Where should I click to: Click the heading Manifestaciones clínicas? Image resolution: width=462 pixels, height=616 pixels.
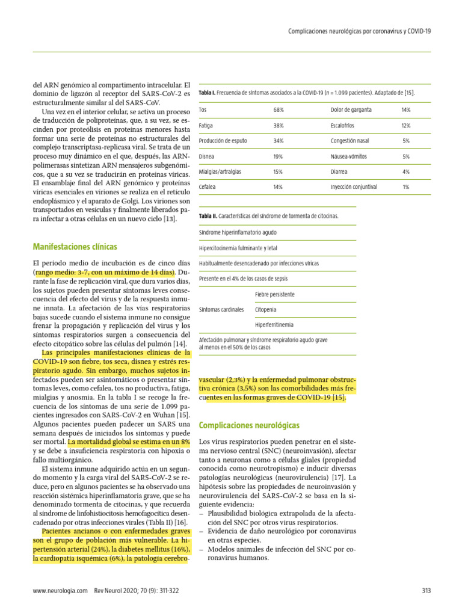click(x=75, y=247)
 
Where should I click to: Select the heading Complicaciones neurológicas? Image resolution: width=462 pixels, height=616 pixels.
click(x=248, y=425)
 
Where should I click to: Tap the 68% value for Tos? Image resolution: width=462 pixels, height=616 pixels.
click(x=279, y=110)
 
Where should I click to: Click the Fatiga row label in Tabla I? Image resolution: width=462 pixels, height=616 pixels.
click(x=206, y=126)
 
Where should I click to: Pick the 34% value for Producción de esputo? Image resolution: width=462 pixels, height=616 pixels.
click(x=279, y=141)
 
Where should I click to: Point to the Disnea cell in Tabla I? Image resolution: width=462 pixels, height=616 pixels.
click(x=207, y=156)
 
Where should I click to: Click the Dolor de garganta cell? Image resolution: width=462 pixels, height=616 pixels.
click(x=351, y=110)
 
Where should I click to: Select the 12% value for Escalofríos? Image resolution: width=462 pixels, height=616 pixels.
click(x=406, y=126)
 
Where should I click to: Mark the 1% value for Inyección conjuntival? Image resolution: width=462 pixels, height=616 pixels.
click(x=406, y=187)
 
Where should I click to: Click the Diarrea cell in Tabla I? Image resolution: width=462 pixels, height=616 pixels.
click(x=340, y=171)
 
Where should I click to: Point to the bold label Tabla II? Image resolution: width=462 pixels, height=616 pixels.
click(x=208, y=215)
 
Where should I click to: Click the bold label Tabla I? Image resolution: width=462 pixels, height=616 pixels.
click(x=206, y=92)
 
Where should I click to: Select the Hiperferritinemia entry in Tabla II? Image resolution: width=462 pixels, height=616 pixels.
click(x=274, y=325)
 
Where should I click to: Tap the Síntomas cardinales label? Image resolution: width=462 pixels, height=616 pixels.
click(x=221, y=310)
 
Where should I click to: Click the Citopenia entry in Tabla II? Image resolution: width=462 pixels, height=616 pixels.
click(x=266, y=310)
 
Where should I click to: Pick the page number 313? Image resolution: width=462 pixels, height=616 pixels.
click(x=427, y=591)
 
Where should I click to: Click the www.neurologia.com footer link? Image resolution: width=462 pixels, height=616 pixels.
click(x=61, y=591)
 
